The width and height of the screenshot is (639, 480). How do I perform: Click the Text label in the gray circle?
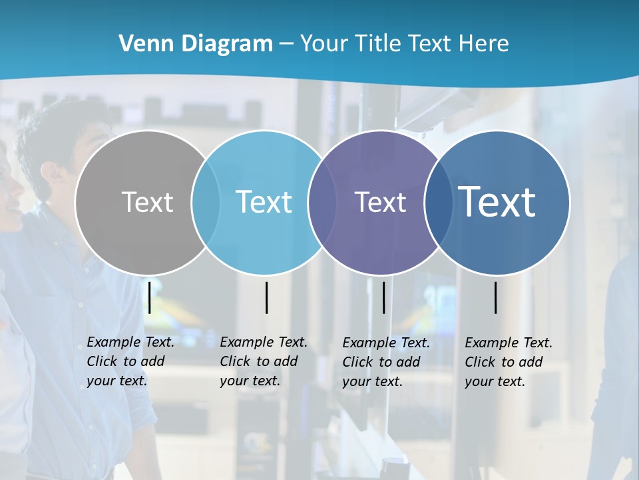pos(147,202)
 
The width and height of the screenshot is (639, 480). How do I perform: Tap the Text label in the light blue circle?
pos(264,202)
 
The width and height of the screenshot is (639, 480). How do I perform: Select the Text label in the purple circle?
pos(380,202)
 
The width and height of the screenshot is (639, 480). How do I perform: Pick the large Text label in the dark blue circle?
pos(497,201)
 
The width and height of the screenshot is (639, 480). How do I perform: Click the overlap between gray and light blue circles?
pos(206,202)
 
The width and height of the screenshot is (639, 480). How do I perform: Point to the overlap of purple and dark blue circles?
pos(438,202)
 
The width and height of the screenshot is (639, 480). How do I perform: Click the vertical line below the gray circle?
pos(150,297)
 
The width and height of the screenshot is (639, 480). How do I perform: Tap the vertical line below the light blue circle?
pos(266,297)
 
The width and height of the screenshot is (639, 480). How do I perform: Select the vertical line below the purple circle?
pos(383,297)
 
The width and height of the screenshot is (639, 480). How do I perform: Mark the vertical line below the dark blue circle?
pos(496,297)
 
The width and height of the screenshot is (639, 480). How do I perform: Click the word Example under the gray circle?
pos(110,342)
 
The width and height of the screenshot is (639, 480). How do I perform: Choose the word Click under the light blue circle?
pos(235,361)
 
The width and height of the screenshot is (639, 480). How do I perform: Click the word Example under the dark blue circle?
pos(489,343)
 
